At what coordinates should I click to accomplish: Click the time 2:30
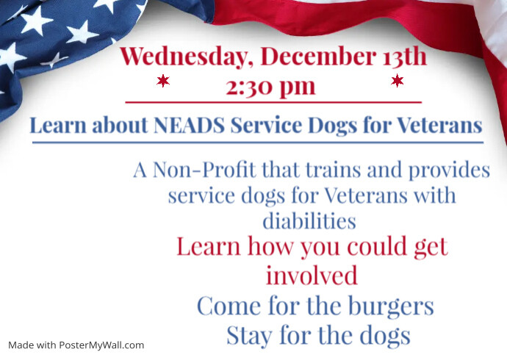[251, 86]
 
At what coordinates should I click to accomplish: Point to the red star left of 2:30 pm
[163, 80]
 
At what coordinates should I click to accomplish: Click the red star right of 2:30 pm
[398, 80]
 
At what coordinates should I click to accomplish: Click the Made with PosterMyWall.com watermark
[76, 345]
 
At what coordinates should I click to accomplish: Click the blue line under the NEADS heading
[257, 142]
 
